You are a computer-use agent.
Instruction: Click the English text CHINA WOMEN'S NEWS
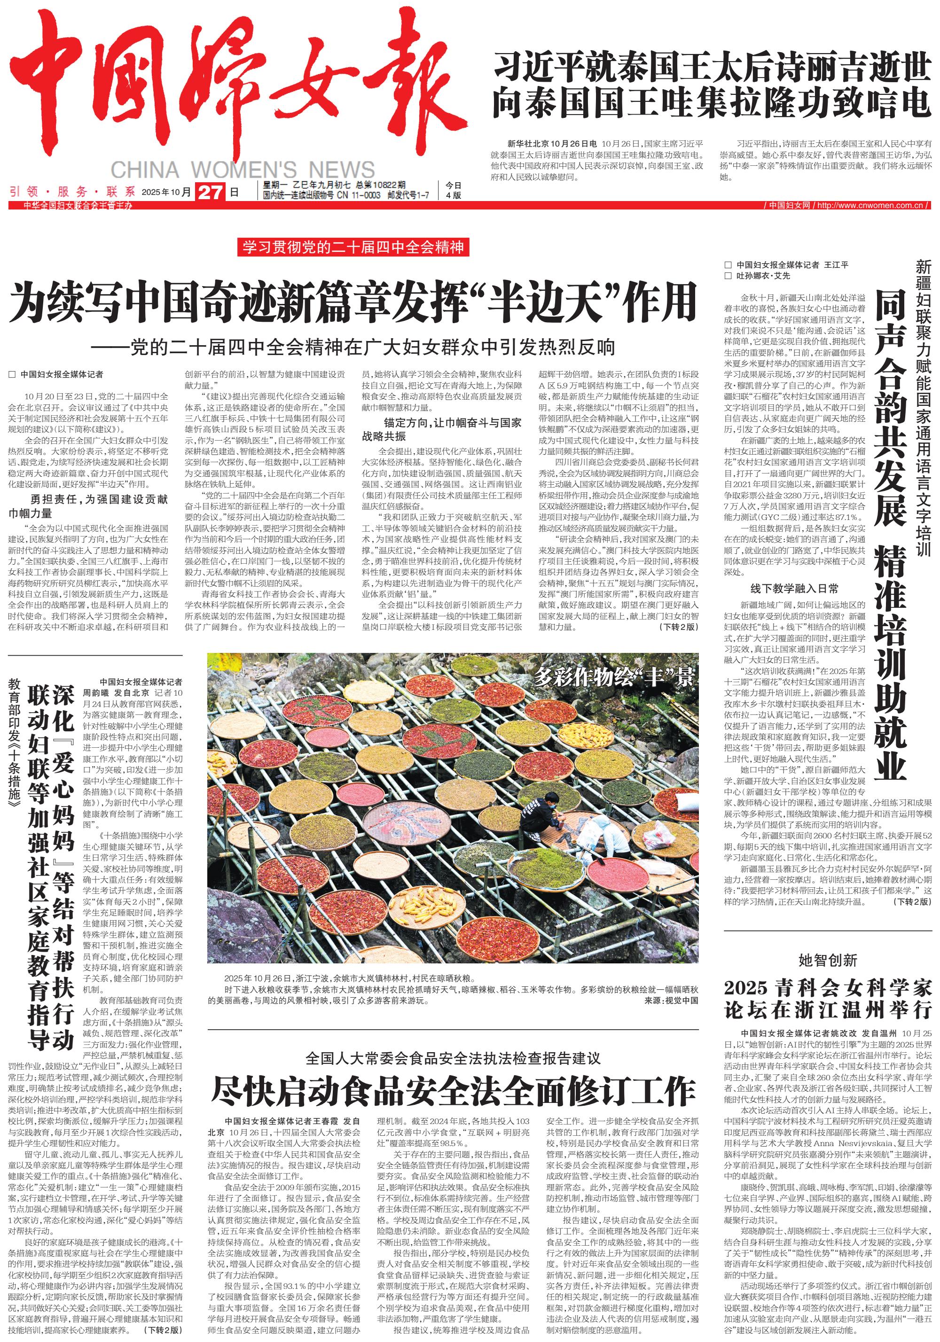pyautogui.click(x=242, y=170)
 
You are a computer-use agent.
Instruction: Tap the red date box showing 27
pyautogui.click(x=211, y=192)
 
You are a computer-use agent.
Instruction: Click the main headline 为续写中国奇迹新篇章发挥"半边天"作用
pyautogui.click(x=352, y=302)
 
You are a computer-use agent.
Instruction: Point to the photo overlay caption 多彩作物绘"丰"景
pyautogui.click(x=613, y=677)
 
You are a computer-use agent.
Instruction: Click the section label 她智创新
pyautogui.click(x=828, y=960)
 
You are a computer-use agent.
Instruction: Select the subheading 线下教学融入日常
pyautogui.click(x=794, y=589)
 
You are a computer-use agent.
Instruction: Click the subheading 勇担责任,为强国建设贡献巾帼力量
pyautogui.click(x=88, y=506)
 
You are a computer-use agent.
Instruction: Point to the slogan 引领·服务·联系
pyautogui.click(x=72, y=192)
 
